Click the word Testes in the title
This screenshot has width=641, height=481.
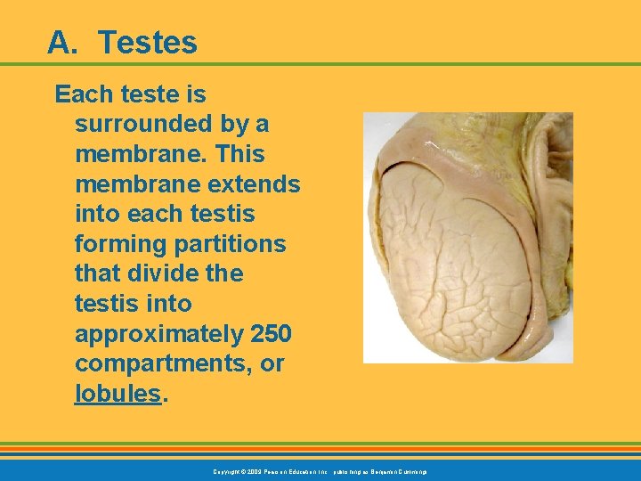click(148, 41)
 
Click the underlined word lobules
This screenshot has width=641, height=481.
click(118, 395)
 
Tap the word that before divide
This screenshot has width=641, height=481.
click(96, 274)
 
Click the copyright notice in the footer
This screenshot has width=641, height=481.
click(320, 470)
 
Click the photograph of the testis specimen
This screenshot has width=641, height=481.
click(467, 237)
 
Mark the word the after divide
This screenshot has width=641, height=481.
click(224, 274)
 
